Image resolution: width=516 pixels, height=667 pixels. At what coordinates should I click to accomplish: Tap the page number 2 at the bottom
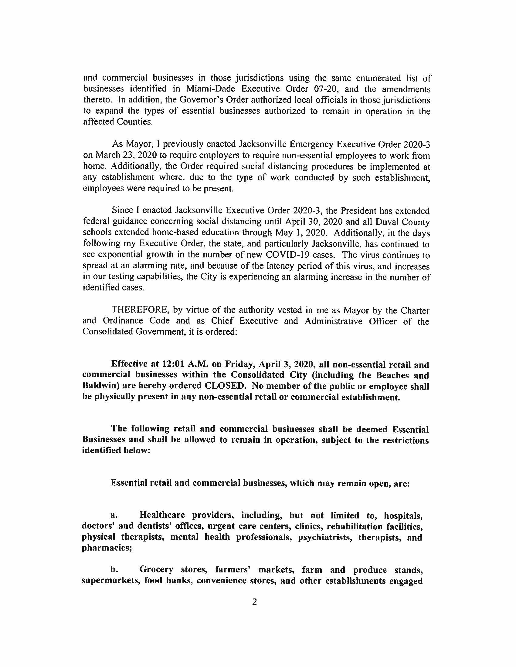coord(255,602)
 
